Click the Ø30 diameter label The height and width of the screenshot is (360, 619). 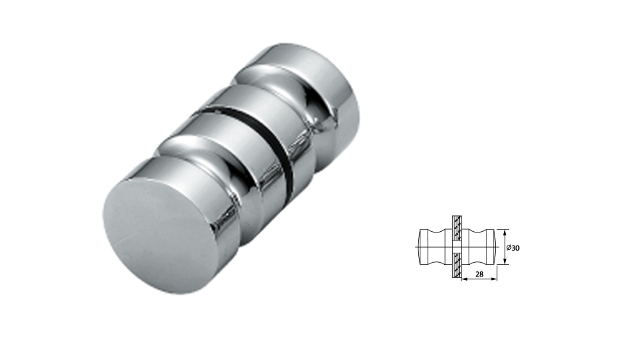click(513, 248)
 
